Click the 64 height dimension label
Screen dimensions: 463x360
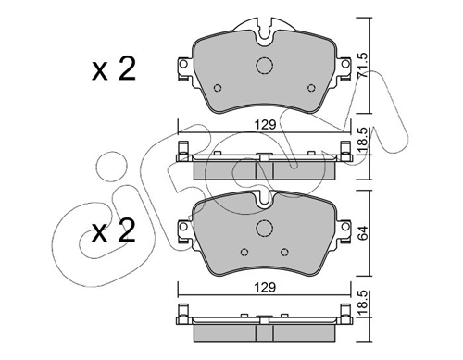click(x=363, y=232)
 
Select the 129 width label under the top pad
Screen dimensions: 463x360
click(x=265, y=125)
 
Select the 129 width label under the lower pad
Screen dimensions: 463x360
click(x=265, y=288)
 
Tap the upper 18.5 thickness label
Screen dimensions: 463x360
click(x=363, y=141)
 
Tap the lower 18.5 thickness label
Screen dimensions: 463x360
click(x=363, y=304)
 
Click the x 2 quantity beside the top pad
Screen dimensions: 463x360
click(x=114, y=69)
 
